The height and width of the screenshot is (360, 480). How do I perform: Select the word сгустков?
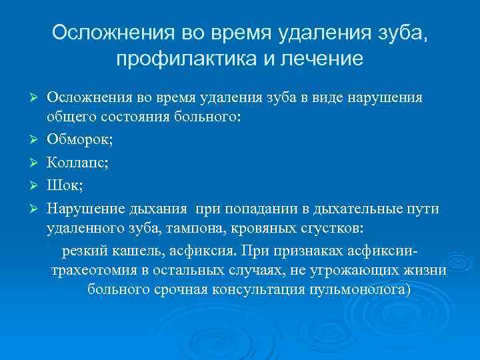coord(331,228)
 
